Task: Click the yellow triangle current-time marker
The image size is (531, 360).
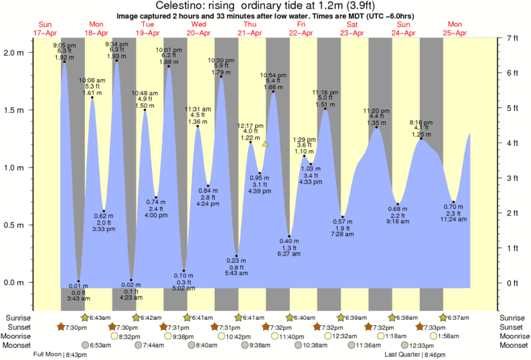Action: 266,143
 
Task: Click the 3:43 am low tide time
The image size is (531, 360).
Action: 79,298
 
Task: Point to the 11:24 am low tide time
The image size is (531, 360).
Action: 454,219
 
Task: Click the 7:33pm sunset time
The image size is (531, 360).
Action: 435,327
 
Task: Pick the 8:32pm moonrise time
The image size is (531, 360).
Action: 130,336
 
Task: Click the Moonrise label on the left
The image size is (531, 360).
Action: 20,336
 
